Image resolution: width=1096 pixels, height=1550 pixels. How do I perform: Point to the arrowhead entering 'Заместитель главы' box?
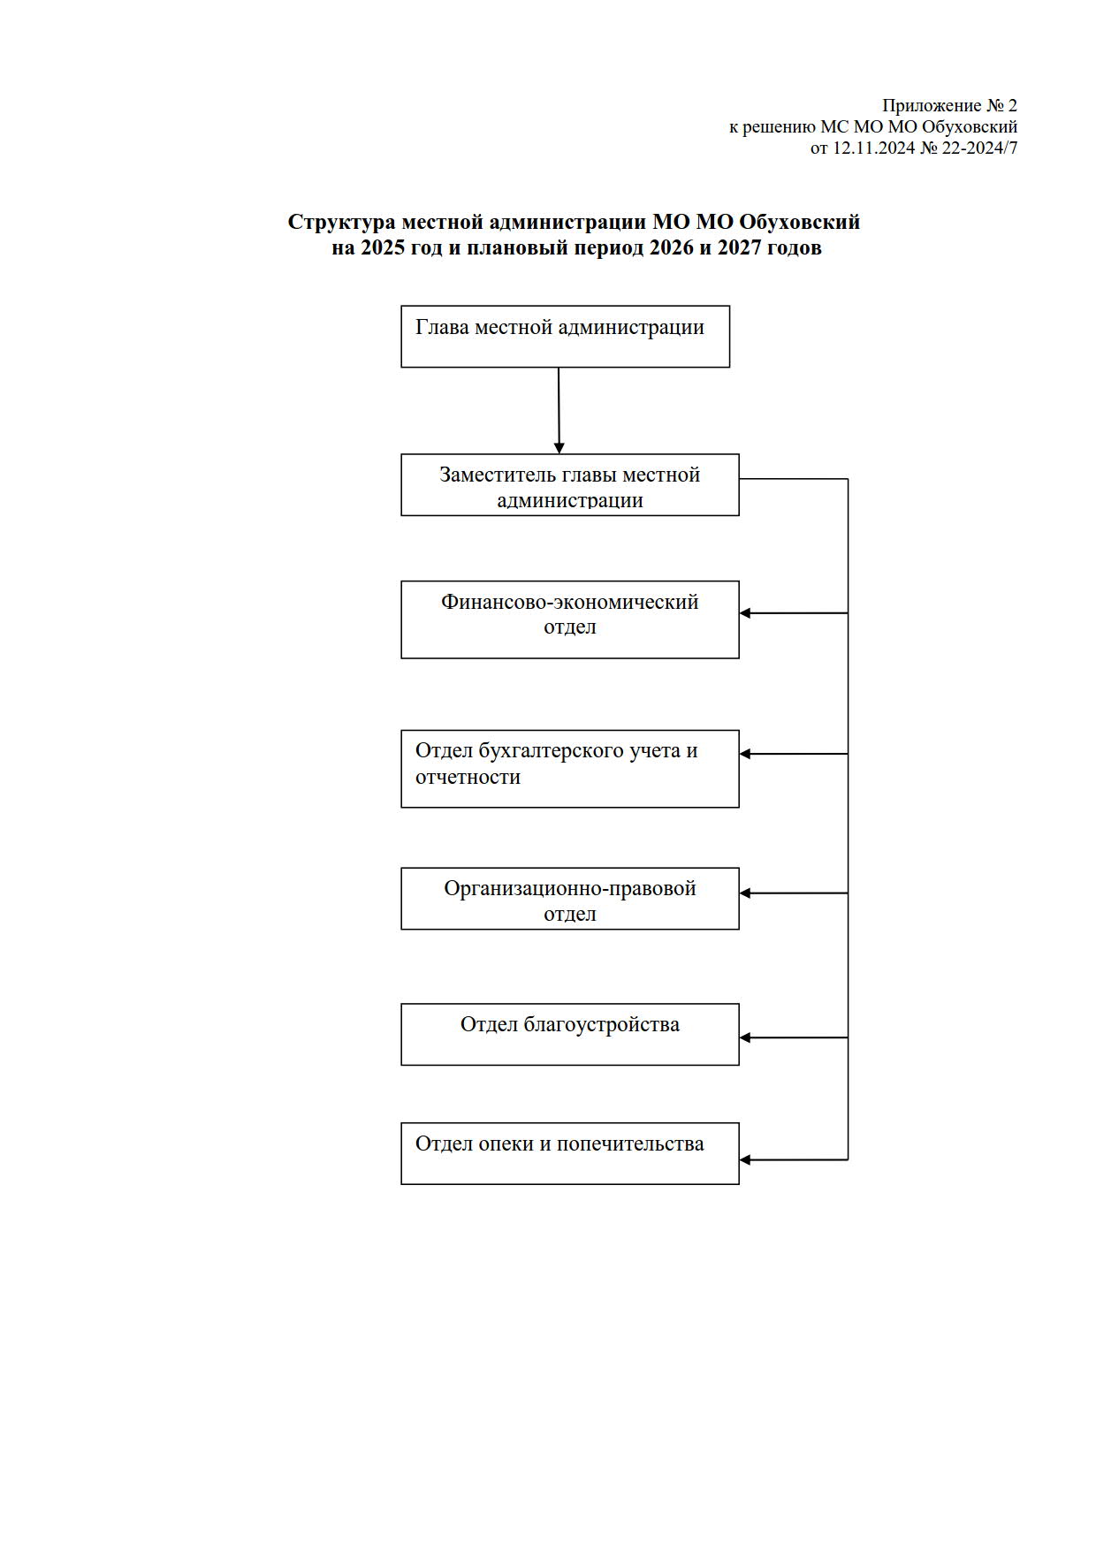click(x=559, y=449)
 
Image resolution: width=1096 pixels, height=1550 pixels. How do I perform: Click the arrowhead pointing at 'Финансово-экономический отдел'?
click(x=745, y=613)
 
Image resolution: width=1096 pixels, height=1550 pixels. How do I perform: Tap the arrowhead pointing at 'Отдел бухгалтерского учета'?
click(x=745, y=754)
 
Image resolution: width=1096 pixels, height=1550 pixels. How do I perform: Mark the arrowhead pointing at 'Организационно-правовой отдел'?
click(x=745, y=893)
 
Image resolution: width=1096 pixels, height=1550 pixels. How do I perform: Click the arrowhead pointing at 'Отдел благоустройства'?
click(x=745, y=1037)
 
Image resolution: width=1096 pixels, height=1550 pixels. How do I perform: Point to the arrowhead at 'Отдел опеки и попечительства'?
click(x=745, y=1159)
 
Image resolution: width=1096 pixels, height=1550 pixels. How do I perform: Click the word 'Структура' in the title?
click(x=341, y=223)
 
